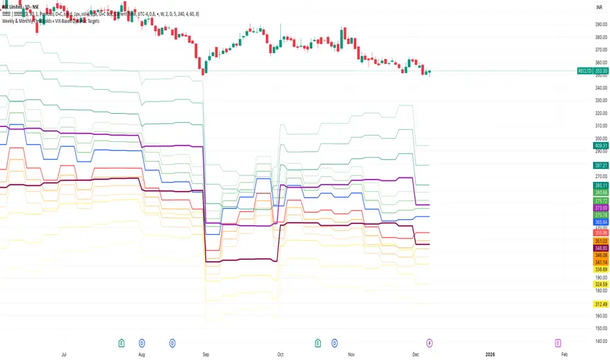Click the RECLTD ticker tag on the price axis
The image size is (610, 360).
pyautogui.click(x=584, y=71)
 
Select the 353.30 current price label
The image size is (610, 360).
pyautogui.click(x=601, y=71)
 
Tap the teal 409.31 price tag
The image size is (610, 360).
pyautogui.click(x=601, y=145)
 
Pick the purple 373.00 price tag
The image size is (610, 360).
pyautogui.click(x=601, y=207)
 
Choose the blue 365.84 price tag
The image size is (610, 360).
pyautogui.click(x=601, y=223)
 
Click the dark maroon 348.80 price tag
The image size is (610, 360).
pyautogui.click(x=601, y=248)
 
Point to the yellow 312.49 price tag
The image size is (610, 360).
pyautogui.click(x=601, y=304)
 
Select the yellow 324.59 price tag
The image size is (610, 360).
pyautogui.click(x=601, y=285)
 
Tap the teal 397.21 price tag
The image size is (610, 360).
pyautogui.click(x=601, y=166)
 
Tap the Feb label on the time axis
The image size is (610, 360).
pyautogui.click(x=564, y=353)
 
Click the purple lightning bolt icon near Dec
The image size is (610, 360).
pyautogui.click(x=429, y=342)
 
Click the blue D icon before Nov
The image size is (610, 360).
pyautogui.click(x=335, y=342)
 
